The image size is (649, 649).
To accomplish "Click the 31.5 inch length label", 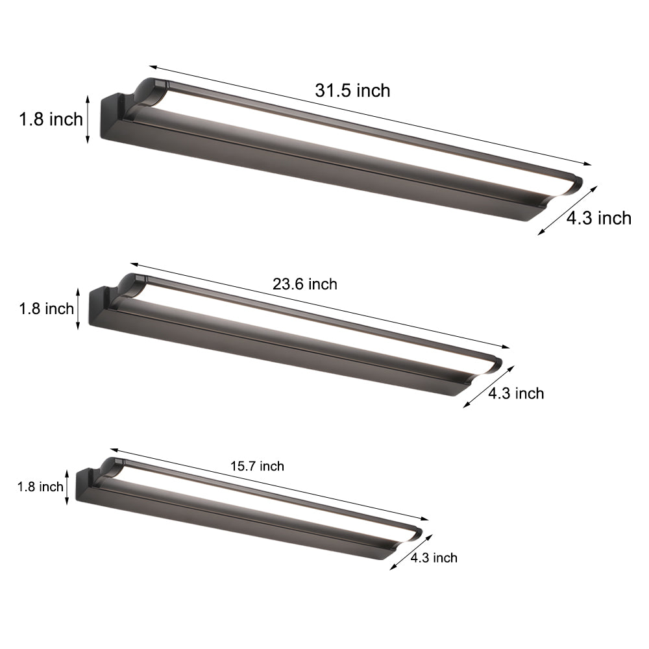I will [353, 90].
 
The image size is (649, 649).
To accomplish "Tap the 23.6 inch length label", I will [305, 284].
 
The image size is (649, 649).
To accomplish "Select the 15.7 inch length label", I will [257, 466].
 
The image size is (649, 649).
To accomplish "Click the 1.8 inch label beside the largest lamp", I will [51, 119].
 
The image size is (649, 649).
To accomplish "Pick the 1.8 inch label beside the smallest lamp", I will [41, 487].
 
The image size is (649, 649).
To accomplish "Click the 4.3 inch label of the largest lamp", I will [598, 218].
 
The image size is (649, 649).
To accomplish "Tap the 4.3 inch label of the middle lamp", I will [515, 393].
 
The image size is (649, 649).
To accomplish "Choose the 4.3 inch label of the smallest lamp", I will [434, 557].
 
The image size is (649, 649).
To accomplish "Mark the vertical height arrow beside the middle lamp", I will [79, 308].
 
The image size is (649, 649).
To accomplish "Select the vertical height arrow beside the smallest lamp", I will [67, 487].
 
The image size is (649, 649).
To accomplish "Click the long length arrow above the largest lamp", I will [370, 115].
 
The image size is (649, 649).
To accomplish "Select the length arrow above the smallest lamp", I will [269, 484].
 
